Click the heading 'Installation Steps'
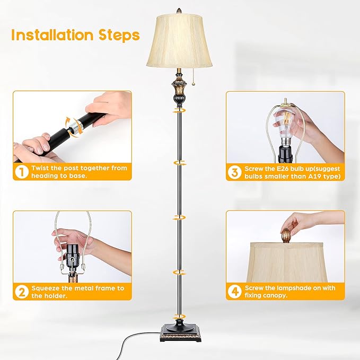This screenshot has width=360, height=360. (x=75, y=36)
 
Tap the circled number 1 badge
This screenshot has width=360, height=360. (x=21, y=172)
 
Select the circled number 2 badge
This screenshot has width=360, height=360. (x=21, y=292)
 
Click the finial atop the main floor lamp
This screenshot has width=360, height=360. (x=179, y=12)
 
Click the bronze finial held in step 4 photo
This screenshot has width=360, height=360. (x=286, y=234)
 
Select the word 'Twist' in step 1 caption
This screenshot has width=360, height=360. (x=42, y=168)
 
